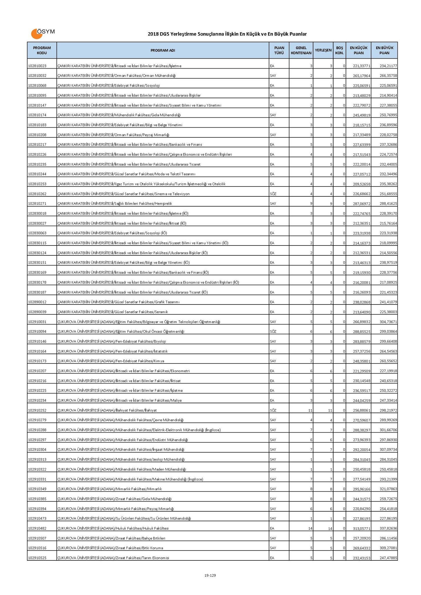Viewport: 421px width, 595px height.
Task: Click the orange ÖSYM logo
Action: [42, 33]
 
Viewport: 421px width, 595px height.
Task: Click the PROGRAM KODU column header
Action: [42, 50]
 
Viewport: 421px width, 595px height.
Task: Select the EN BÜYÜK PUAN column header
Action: [384, 50]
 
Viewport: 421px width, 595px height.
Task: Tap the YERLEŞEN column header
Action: [323, 50]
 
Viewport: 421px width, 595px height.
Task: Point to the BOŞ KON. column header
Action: [340, 50]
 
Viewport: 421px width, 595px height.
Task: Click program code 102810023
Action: [37, 66]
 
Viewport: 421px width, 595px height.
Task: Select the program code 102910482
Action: [37, 528]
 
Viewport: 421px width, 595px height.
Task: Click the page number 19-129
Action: [210, 575]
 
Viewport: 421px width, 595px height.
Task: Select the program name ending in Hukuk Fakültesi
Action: [113, 528]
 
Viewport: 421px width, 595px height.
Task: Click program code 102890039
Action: [37, 312]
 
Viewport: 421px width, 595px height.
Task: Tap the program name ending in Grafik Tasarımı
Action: [119, 302]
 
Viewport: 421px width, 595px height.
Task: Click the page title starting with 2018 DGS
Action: [227, 34]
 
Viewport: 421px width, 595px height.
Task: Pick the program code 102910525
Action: [37, 558]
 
